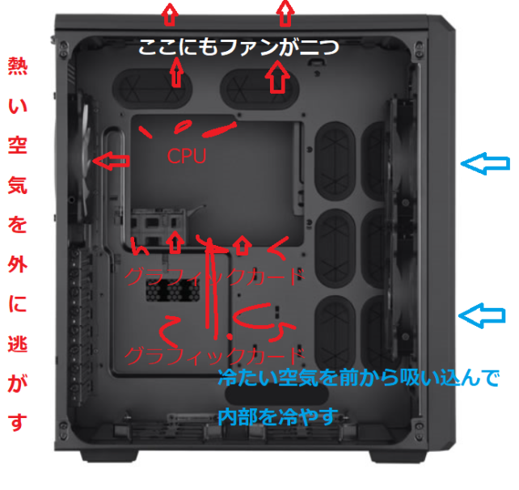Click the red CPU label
(187, 156)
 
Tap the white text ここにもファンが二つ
(238, 47)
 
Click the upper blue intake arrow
(485, 163)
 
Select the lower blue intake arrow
(483, 315)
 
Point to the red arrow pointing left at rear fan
(111, 161)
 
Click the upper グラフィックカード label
(214, 277)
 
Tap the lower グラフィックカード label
(214, 356)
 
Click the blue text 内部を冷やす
(278, 417)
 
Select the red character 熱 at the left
(18, 66)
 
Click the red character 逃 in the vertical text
(18, 344)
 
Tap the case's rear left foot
(109, 457)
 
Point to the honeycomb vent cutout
(173, 289)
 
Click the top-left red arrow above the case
(170, 15)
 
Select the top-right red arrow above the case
(285, 13)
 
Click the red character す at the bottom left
(18, 422)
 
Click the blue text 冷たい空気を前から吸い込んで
(358, 378)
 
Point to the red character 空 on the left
(18, 145)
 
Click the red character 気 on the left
(18, 185)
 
